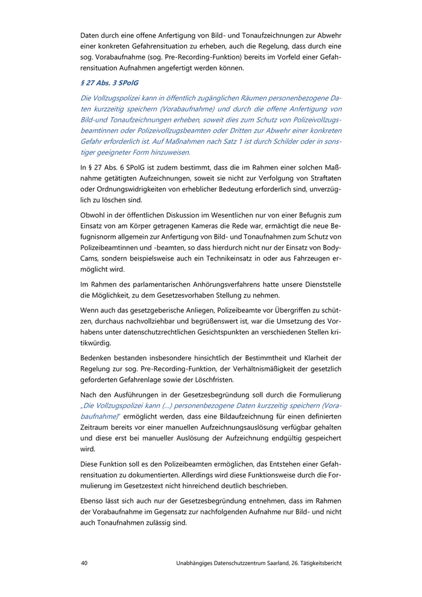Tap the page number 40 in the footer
point(84,563)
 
